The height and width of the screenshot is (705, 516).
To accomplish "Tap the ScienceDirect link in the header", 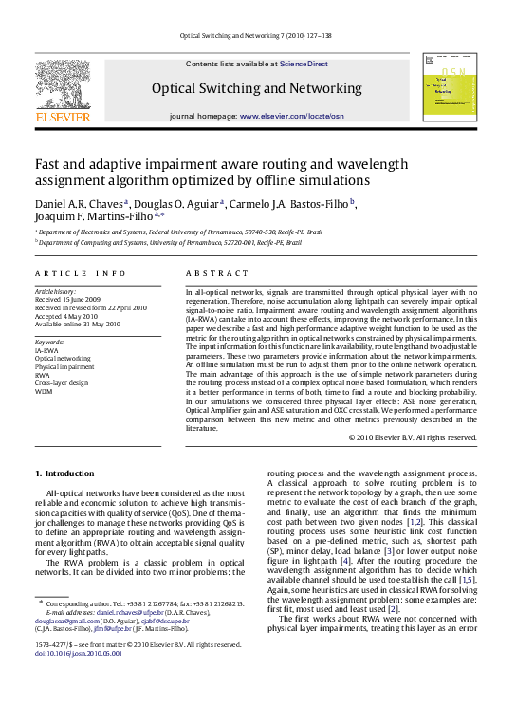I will coord(304,64).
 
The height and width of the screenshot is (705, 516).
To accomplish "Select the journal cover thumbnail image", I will coord(450,88).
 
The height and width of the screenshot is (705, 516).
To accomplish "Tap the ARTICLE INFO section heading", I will coord(80,273).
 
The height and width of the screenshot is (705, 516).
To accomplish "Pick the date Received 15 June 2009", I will coord(70,300).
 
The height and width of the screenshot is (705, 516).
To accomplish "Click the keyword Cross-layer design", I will coord(62,381).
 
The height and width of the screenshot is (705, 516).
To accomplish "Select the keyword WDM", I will coord(44,390).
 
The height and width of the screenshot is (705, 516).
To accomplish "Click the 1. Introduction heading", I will coord(64,473).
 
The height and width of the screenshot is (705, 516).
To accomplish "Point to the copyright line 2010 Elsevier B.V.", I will coord(412,437).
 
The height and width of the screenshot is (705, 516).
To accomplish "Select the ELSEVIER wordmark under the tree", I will coord(63,118).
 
